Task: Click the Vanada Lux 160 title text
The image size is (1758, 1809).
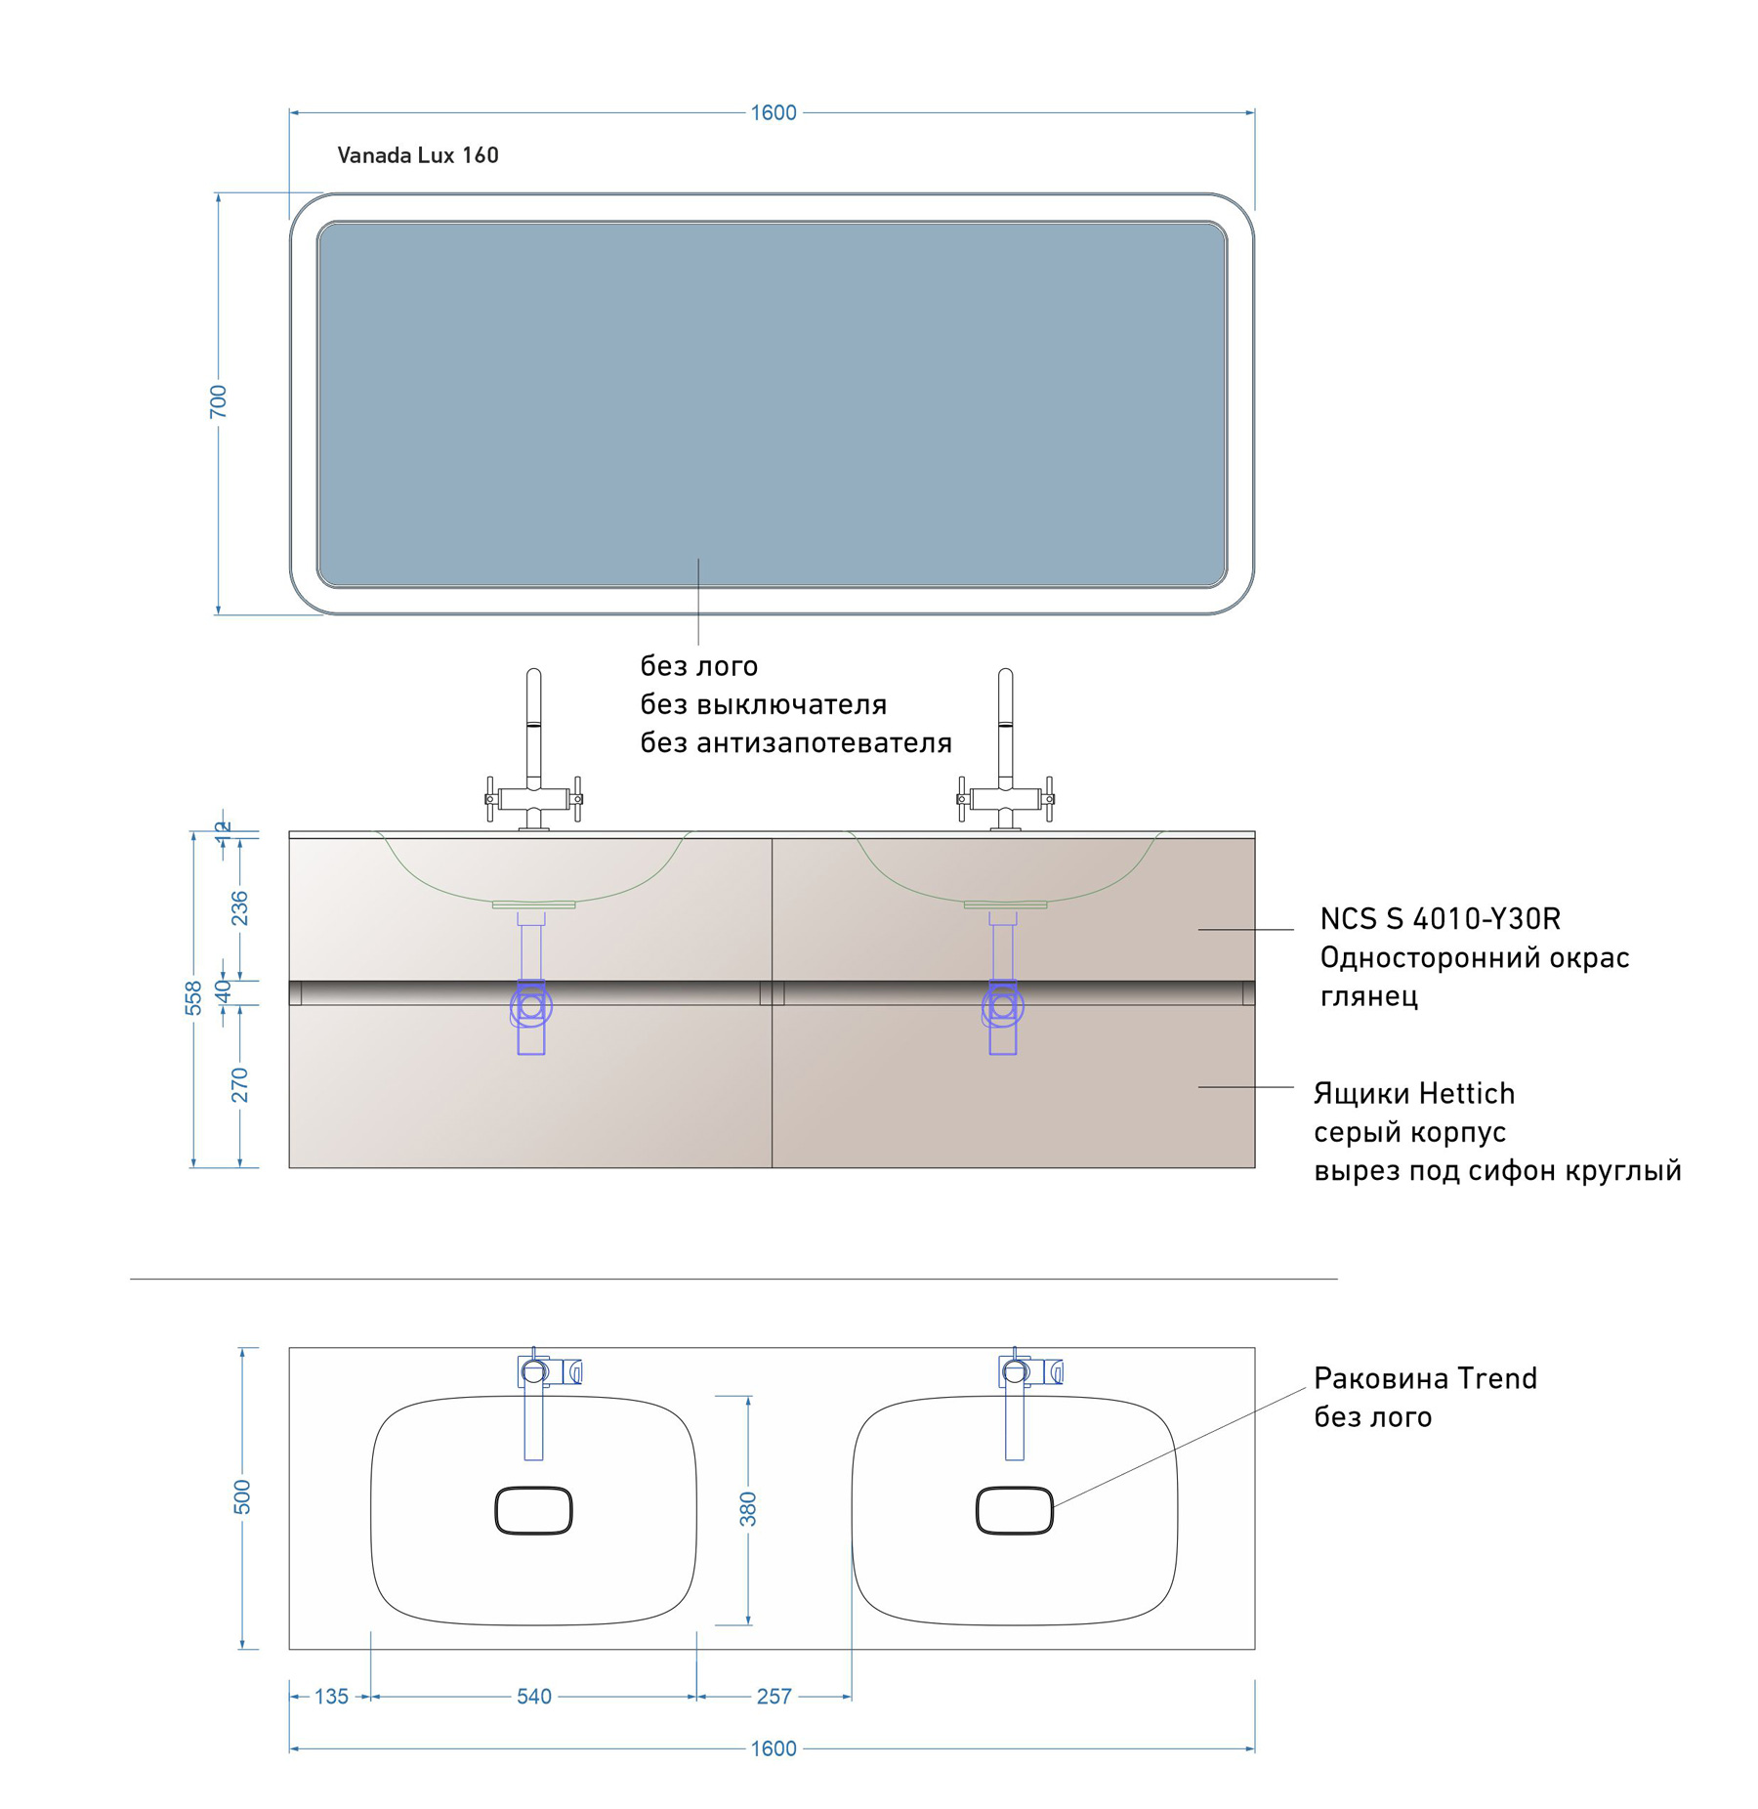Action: pyautogui.click(x=418, y=155)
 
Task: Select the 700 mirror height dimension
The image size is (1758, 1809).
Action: pyautogui.click(x=218, y=401)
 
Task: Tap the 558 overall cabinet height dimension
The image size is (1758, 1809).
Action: pyautogui.click(x=193, y=997)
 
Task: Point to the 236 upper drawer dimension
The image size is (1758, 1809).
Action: pyautogui.click(x=239, y=907)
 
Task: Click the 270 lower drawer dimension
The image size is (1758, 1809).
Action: pyautogui.click(x=239, y=1084)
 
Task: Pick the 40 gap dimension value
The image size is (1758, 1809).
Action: pyautogui.click(x=223, y=990)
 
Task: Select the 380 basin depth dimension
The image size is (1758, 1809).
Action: pyautogui.click(x=748, y=1509)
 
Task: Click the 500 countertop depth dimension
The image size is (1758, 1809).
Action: pyautogui.click(x=242, y=1497)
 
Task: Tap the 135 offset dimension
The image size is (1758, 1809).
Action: pyautogui.click(x=331, y=1697)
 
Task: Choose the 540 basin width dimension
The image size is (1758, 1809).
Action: pyautogui.click(x=534, y=1697)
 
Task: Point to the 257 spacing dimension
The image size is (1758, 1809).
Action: pyautogui.click(x=774, y=1697)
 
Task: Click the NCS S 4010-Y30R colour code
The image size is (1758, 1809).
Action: pyautogui.click(x=1441, y=919)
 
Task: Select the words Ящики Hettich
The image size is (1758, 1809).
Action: pyautogui.click(x=1414, y=1094)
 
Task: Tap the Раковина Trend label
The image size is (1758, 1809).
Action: pyautogui.click(x=1426, y=1378)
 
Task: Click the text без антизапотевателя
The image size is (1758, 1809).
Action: pyautogui.click(x=796, y=743)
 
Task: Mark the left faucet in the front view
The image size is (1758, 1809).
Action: pyautogui.click(x=534, y=750)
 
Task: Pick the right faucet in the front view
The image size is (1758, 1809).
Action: pyautogui.click(x=1006, y=750)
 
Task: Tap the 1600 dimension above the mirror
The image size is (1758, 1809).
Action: pyautogui.click(x=774, y=113)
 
